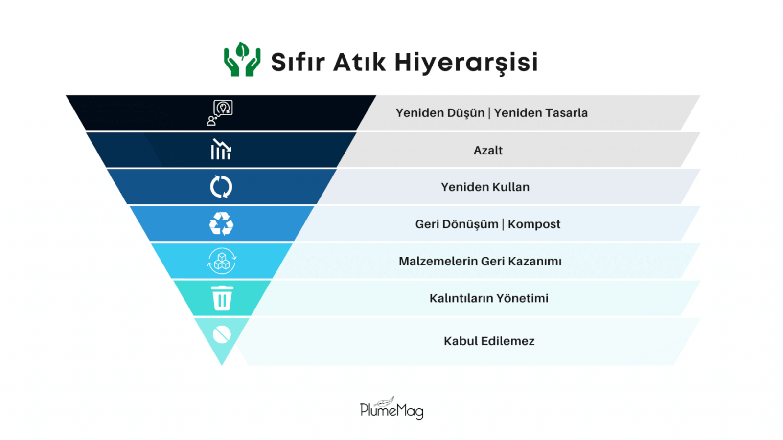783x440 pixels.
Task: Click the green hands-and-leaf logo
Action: (242, 60)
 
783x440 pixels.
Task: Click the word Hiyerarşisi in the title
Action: (466, 63)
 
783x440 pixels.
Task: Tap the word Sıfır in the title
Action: (298, 63)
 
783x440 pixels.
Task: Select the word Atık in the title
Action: (359, 63)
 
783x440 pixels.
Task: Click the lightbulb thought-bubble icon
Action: (221, 112)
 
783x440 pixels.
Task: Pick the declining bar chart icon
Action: (221, 149)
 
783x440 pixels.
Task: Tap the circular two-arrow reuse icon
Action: (221, 187)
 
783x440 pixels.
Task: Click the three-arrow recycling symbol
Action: (221, 224)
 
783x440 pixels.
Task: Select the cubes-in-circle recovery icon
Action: (222, 261)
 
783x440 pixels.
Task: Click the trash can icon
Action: (222, 298)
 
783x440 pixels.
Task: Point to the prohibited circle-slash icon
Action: (222, 335)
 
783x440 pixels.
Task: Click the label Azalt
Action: (488, 150)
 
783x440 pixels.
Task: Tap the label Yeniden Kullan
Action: (485, 187)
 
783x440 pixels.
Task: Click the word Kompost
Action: (534, 224)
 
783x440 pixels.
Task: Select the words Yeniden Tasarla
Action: (541, 113)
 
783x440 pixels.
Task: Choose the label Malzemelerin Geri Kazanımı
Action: (480, 261)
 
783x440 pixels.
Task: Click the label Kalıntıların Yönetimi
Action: (489, 298)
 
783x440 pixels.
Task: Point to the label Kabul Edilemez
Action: (489, 341)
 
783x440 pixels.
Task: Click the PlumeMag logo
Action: (391, 409)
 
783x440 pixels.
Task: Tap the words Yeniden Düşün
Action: (440, 113)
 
